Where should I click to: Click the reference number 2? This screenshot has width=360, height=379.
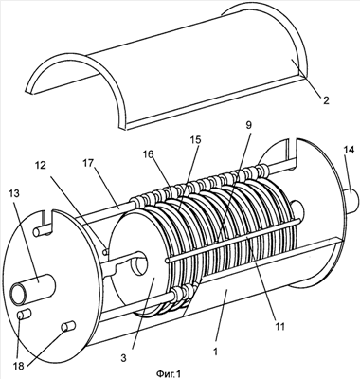326,100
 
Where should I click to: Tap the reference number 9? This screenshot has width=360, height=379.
248,125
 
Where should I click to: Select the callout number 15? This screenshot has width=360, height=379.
195,140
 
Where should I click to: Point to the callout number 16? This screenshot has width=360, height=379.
149,154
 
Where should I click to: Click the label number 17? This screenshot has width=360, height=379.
89,164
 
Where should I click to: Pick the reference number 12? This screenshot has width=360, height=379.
41,165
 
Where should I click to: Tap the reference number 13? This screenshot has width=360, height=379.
13,193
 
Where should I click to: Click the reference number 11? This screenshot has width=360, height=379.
279,326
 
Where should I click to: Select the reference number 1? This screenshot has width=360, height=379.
216,352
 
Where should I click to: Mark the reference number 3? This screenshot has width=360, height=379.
123,358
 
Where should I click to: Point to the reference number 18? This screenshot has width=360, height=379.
19,366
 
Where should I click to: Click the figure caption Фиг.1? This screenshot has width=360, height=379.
169,373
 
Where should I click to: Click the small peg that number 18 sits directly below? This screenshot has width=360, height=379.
24,315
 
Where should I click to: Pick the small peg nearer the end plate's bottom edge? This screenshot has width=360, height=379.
68,326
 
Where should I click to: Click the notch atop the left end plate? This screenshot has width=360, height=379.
46,216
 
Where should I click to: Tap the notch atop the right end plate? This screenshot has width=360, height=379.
292,148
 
